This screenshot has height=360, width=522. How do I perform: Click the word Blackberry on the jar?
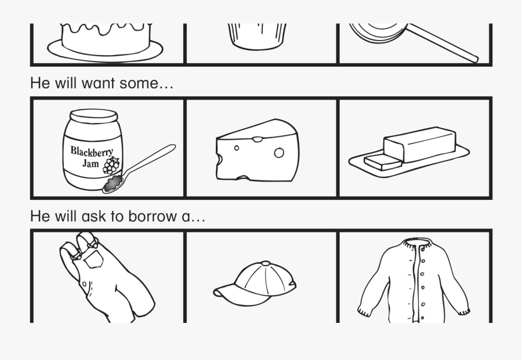tap(92, 151)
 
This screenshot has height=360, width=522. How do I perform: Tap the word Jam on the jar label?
tap(90, 163)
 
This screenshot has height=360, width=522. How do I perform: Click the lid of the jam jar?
tap(93, 116)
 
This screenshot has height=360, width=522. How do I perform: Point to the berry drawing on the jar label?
tap(111, 165)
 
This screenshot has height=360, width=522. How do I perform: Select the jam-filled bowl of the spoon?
tap(113, 184)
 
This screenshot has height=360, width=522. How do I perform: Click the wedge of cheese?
tap(258, 150)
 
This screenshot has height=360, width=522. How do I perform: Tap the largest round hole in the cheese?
tap(279, 152)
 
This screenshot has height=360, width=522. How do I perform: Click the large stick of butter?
tap(419, 144)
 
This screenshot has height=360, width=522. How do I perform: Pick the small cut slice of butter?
tap(383, 162)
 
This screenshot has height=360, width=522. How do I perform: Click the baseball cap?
tap(255, 283)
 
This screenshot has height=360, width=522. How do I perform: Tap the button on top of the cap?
tap(266, 264)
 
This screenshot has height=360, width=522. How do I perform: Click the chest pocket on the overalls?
tap(93, 259)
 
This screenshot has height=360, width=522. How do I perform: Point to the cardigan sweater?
tap(414, 280)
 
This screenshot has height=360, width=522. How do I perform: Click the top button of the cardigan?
tap(423, 249)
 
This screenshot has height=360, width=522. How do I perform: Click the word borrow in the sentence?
tap(153, 216)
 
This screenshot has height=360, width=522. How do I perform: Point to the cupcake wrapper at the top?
tap(257, 37)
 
